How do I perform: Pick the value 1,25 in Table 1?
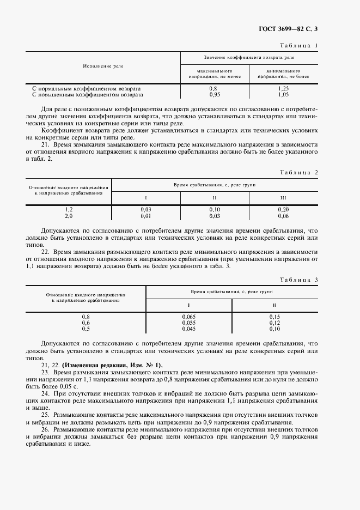[x=283, y=88]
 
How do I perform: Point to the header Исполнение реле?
[x=103, y=66]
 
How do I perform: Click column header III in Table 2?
[x=283, y=197]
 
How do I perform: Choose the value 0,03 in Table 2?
[x=146, y=209]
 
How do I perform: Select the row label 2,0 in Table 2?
[x=69, y=215]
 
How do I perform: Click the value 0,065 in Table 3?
[x=188, y=317]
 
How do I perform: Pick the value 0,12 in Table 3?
[x=274, y=323]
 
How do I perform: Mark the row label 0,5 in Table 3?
[x=86, y=329]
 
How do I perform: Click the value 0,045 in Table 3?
[x=188, y=329]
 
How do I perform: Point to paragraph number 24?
[x=45, y=392]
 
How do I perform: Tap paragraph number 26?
[x=45, y=430]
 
